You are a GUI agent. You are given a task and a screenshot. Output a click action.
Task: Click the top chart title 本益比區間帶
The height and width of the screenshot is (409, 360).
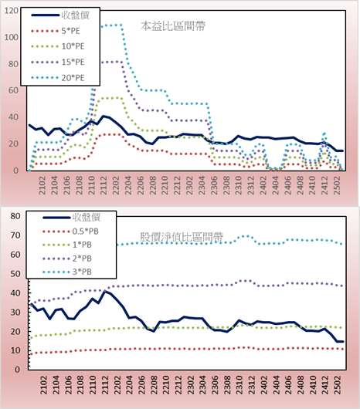[x=173, y=26]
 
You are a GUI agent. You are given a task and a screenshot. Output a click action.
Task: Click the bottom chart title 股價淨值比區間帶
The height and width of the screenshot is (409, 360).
[x=182, y=237]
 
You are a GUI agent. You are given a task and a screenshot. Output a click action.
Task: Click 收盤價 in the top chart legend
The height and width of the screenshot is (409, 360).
[x=76, y=15]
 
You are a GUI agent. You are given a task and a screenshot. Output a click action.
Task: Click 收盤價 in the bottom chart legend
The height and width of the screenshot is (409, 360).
[x=87, y=218]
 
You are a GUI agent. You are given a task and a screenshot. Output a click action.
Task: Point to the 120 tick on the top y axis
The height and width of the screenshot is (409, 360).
[x=12, y=11]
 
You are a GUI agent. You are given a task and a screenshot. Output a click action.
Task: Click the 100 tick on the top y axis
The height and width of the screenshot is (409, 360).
[x=12, y=37]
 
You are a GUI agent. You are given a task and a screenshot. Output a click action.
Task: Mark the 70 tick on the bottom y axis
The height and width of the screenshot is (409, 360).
[x=15, y=235]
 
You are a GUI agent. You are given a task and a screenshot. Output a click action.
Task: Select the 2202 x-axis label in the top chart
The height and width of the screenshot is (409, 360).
[x=116, y=185]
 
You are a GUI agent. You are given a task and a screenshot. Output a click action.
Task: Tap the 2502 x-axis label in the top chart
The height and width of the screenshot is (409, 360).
[x=338, y=185]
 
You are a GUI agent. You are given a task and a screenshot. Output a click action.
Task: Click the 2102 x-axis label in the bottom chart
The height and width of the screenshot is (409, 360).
[x=44, y=385]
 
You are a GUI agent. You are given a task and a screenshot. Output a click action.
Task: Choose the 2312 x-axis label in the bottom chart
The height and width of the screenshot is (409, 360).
[x=252, y=385]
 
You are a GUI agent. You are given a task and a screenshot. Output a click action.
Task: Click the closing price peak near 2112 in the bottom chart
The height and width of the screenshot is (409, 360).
[x=105, y=291]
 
